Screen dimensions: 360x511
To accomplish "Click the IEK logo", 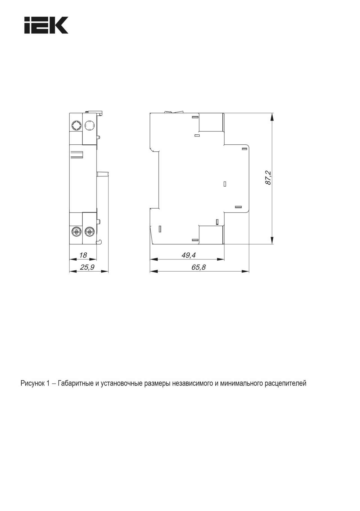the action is click(46, 25).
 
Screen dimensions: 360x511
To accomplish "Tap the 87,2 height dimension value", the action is click(268, 178).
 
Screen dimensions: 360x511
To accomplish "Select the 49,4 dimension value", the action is click(188, 255).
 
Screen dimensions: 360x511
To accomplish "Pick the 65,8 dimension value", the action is click(199, 267).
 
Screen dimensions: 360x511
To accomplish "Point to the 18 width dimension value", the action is click(83, 255).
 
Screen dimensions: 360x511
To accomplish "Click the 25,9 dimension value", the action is click(87, 267).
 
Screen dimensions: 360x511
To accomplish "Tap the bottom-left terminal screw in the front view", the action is click(76, 232).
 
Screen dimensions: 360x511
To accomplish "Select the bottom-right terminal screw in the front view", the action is click(89, 232).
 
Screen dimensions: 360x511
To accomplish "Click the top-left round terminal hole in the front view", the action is click(76, 125).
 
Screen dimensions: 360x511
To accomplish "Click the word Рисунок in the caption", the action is click(31, 383).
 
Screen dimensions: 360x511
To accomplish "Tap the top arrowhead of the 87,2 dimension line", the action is click(272, 117).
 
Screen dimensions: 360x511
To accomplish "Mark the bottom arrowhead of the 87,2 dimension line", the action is click(272, 240).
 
